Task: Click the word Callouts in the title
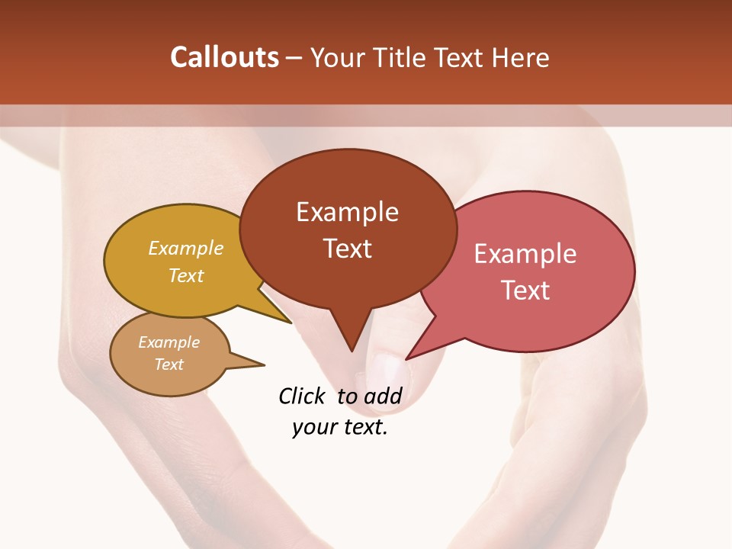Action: pyautogui.click(x=224, y=57)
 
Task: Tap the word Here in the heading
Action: pyautogui.click(x=520, y=57)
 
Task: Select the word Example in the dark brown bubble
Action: pyautogui.click(x=347, y=212)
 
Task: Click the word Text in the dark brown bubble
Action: pyautogui.click(x=347, y=249)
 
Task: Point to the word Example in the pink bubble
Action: pyautogui.click(x=525, y=254)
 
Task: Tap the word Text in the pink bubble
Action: pyautogui.click(x=525, y=291)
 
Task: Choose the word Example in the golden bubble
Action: pyautogui.click(x=186, y=249)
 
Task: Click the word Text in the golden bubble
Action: pyautogui.click(x=186, y=275)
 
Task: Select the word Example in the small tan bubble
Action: pyautogui.click(x=169, y=342)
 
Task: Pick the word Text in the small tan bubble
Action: pyautogui.click(x=169, y=364)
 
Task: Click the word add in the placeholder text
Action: pyautogui.click(x=383, y=396)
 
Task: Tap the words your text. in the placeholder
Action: pyautogui.click(x=340, y=426)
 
